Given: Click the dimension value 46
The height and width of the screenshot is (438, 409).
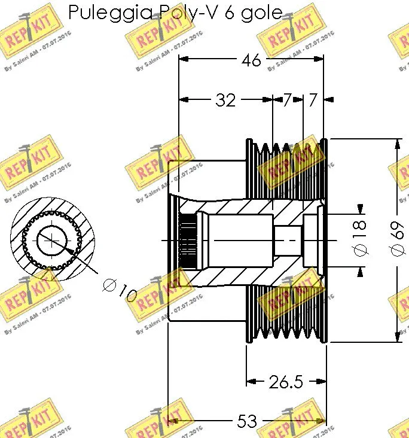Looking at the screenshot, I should [x=251, y=60].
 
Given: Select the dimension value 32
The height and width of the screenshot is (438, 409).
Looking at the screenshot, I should [x=225, y=100].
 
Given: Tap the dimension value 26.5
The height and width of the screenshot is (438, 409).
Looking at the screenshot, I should [x=285, y=382].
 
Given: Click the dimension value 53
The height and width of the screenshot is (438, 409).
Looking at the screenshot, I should [x=247, y=422].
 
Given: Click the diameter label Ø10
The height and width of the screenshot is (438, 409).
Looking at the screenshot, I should [x=120, y=291].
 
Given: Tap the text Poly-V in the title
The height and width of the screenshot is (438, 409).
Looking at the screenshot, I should [x=188, y=13].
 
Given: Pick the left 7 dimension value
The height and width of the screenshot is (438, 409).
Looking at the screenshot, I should [x=287, y=100].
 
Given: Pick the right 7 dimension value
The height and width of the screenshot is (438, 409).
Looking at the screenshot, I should [x=313, y=100].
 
